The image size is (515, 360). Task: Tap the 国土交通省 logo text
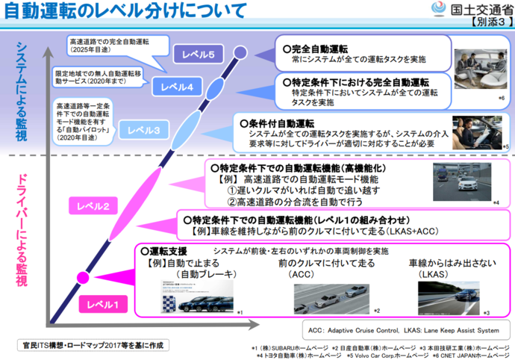coord(478,10)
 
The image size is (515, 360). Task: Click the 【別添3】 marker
coord(488,24)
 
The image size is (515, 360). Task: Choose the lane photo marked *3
coord(448,296)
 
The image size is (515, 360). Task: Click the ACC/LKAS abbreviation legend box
coord(402,329)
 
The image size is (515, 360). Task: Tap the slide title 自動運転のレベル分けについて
coord(123,11)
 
